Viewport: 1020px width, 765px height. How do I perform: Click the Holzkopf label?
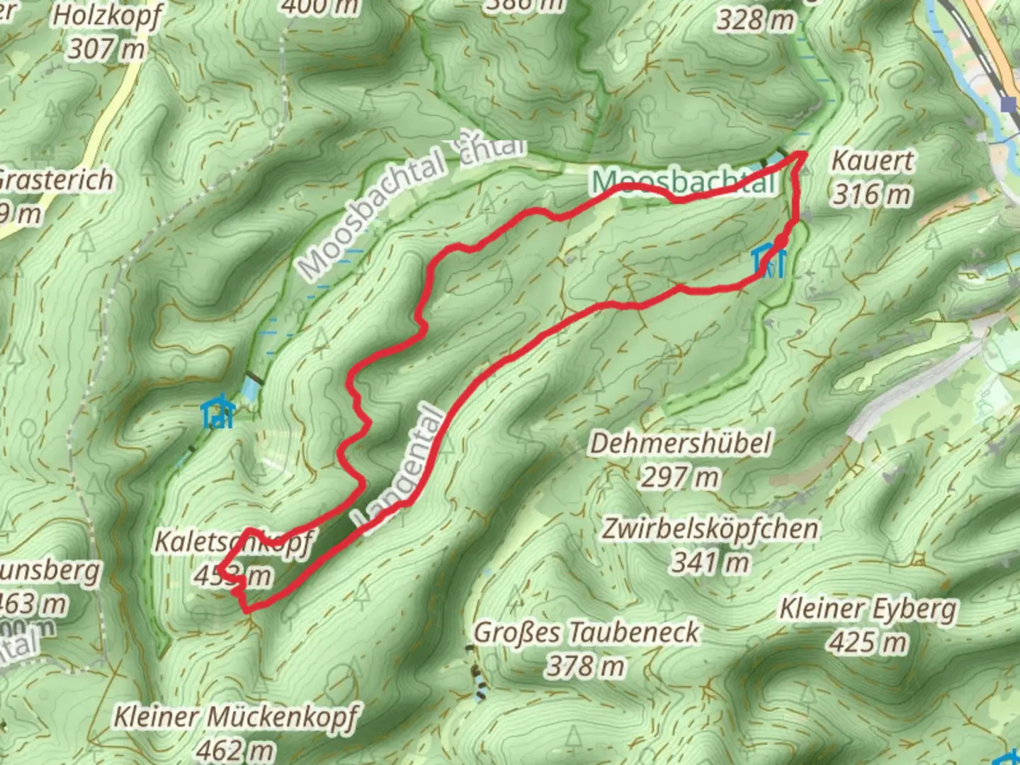tap(108, 16)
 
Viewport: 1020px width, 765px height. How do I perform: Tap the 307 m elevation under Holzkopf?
tap(106, 50)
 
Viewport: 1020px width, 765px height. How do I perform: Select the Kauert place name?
tap(872, 161)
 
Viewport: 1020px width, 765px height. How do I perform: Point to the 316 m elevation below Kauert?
tap(871, 194)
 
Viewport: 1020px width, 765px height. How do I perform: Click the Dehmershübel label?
tap(681, 443)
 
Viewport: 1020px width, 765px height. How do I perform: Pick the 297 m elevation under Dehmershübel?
tap(680, 477)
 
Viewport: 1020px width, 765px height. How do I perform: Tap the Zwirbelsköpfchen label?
tap(710, 528)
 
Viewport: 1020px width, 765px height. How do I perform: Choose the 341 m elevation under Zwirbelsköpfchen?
tap(710, 562)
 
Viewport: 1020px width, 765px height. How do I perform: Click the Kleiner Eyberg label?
tap(868, 608)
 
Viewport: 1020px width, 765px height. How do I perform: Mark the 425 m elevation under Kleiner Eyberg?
tap(868, 642)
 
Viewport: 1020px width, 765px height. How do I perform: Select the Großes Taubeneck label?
tap(586, 632)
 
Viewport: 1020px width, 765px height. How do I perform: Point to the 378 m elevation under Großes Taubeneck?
tap(585, 666)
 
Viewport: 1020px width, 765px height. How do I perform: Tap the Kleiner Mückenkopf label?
tap(237, 717)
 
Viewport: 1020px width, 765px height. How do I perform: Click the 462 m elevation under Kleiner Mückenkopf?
tap(235, 749)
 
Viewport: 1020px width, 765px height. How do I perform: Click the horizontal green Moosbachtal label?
tap(684, 182)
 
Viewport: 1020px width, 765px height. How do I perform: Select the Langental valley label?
tap(402, 471)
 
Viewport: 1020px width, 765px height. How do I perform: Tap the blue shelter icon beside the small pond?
tap(217, 413)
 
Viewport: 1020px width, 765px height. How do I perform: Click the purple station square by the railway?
tap(1009, 105)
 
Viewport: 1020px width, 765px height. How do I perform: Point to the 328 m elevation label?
tap(755, 20)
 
